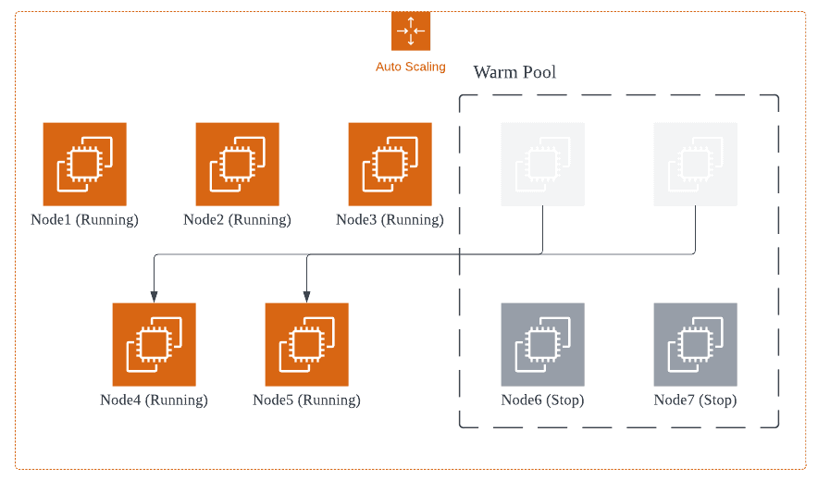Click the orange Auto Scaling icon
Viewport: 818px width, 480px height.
(x=410, y=31)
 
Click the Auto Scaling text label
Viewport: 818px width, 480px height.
(x=410, y=67)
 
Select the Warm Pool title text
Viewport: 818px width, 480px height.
(x=514, y=72)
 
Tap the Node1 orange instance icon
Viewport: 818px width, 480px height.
(x=84, y=164)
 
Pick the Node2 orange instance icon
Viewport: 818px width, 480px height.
(x=237, y=164)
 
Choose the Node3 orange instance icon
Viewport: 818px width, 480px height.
(x=390, y=164)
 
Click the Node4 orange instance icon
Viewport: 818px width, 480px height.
(x=154, y=344)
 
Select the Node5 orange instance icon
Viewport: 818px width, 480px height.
(x=306, y=344)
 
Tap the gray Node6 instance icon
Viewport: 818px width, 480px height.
(x=542, y=344)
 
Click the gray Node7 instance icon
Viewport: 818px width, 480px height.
(x=695, y=344)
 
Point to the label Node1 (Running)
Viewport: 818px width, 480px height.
(x=84, y=220)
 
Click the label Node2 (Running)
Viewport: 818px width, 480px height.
(x=237, y=220)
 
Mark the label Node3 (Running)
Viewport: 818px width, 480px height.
(x=390, y=220)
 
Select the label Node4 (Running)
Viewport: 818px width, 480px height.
(x=154, y=400)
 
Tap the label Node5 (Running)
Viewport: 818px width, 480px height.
(x=306, y=400)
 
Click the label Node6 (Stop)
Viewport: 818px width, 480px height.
(x=542, y=400)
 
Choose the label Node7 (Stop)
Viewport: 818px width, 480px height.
(x=695, y=400)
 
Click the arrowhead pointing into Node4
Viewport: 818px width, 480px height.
(x=154, y=296)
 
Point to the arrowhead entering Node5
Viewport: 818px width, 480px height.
(x=306, y=296)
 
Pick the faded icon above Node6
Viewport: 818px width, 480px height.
(x=542, y=164)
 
